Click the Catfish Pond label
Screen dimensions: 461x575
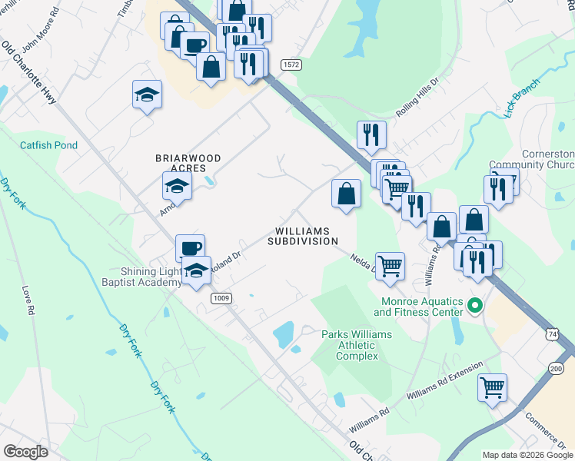pos(48,144)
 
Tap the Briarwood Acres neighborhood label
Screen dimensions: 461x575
pos(188,164)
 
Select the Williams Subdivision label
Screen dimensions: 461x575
pos(303,236)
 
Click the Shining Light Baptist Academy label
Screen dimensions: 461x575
pos(149,277)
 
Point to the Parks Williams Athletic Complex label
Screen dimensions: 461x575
pos(356,345)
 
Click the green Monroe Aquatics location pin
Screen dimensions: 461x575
pos(474,306)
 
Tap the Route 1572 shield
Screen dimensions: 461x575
pos(290,65)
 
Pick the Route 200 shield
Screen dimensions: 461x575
pos(556,369)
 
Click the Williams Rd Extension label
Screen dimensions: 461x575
pos(445,380)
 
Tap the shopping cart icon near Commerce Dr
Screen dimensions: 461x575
pos(492,386)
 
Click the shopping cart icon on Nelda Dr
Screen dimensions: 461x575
pos(390,266)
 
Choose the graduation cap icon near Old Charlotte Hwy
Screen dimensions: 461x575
pos(147,95)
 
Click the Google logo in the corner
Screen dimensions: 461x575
pos(25,452)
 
